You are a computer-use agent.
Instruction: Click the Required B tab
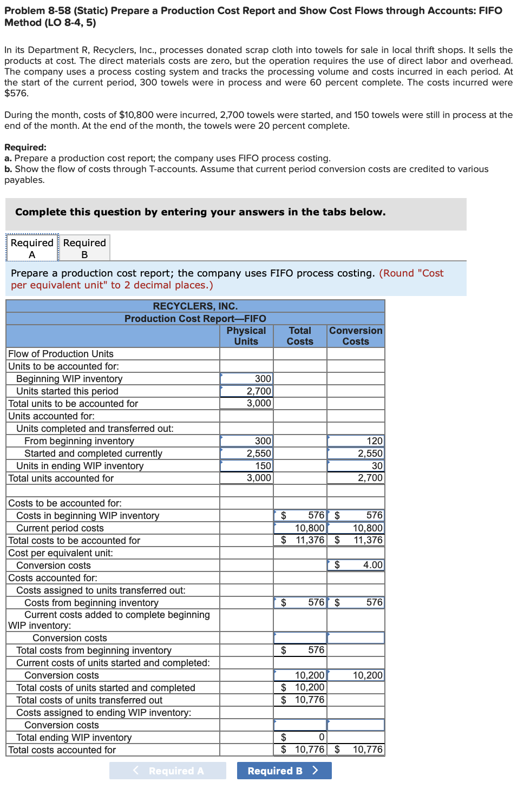(x=84, y=248)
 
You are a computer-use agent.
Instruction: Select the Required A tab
(x=32, y=248)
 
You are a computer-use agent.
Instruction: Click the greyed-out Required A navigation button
(x=168, y=771)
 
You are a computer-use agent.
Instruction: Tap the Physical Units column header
(x=246, y=336)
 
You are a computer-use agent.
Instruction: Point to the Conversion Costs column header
(x=356, y=336)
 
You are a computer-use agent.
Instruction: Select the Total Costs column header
(x=300, y=336)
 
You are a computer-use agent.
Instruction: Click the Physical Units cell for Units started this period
(x=246, y=391)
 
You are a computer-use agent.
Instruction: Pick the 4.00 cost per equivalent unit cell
(x=356, y=565)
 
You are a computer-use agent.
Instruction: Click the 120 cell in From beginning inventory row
(x=356, y=441)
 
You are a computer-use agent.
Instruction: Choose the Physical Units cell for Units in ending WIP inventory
(x=246, y=466)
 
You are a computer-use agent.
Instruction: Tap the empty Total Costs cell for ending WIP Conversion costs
(x=300, y=725)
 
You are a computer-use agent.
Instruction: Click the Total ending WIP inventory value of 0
(x=300, y=737)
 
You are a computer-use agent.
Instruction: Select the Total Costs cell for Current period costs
(x=300, y=528)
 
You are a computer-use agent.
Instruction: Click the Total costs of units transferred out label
(x=89, y=700)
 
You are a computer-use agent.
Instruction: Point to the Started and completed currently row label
(x=93, y=453)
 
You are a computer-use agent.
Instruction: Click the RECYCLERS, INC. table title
(x=195, y=306)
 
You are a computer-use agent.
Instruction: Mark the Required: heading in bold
(x=25, y=147)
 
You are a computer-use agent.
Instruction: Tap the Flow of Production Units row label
(x=61, y=354)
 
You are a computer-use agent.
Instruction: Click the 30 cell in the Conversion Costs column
(x=356, y=466)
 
